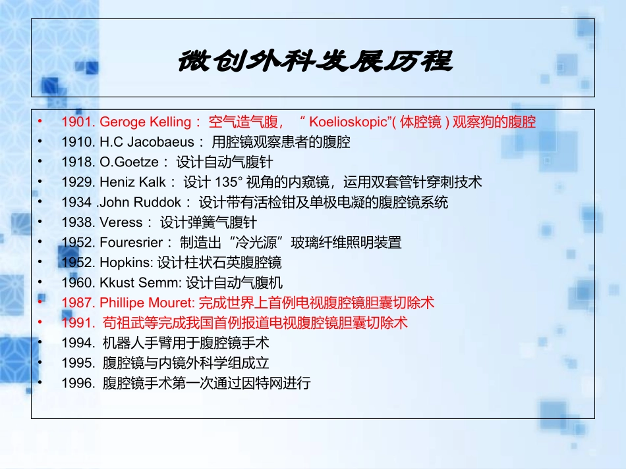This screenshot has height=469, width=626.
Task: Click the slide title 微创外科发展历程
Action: point(314,62)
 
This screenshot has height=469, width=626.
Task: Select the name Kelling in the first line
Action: point(171,122)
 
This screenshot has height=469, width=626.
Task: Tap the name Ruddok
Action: point(159,202)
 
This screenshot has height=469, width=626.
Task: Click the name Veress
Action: point(121,222)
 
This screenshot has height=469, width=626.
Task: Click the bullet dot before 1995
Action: point(40,362)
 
